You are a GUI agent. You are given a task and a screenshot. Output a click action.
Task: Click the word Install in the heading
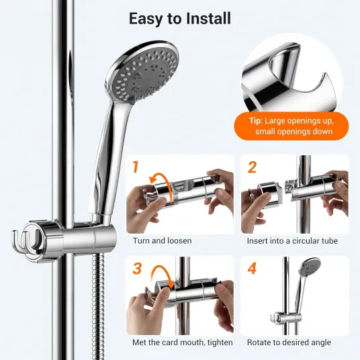coord(208,18)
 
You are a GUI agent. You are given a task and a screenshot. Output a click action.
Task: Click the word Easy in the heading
coord(145,19)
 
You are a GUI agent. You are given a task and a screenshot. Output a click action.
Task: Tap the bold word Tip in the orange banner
coord(255,121)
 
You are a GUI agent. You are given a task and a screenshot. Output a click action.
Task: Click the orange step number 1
coord(136,167)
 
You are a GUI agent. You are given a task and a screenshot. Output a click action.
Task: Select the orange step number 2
coord(252,167)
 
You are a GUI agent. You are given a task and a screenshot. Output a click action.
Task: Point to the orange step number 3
coord(137,268)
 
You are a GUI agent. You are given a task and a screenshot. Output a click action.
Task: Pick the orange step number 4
coord(252,268)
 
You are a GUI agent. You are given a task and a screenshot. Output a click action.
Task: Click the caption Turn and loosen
coord(162,241)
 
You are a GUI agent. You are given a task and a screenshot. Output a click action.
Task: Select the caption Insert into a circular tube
coord(292,241)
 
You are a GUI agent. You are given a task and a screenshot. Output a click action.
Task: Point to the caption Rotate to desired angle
coord(289,343)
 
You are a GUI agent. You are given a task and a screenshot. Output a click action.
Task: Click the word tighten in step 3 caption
coord(220,343)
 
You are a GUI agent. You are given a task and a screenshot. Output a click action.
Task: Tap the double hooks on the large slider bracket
coord(24,241)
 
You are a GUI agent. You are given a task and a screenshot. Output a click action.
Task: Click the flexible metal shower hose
coord(97,306)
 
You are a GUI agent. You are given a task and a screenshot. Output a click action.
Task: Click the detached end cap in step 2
coord(268,195)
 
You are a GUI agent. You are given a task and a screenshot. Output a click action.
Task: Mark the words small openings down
coord(294,132)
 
